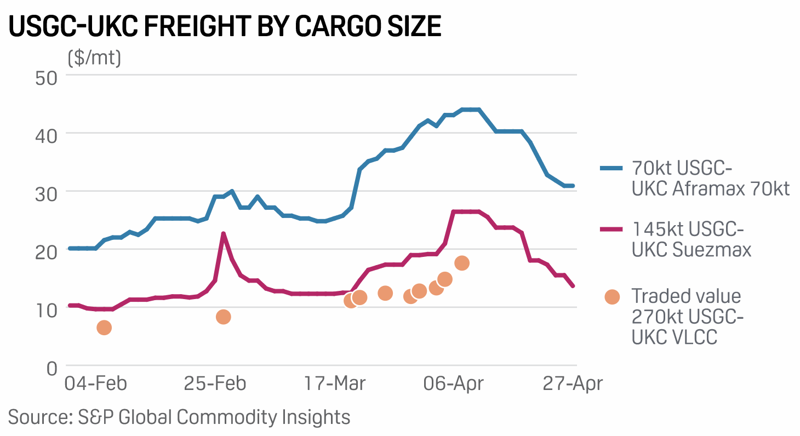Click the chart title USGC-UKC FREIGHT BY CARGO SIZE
(x=225, y=26)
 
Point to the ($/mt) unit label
(x=94, y=58)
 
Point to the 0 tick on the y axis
(x=52, y=368)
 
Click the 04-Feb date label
(x=95, y=383)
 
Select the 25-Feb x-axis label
(x=215, y=383)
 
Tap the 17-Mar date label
(x=335, y=383)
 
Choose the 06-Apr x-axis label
(x=454, y=383)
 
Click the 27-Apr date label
(x=573, y=383)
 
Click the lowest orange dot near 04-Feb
(x=104, y=328)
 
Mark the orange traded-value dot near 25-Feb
(x=223, y=317)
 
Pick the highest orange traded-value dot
(x=461, y=263)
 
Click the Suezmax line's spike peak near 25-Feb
(x=224, y=234)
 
